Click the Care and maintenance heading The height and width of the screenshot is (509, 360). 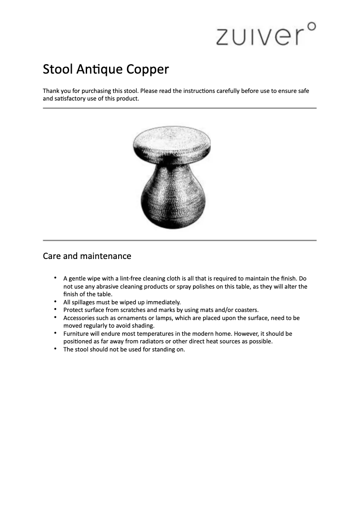coord(87,256)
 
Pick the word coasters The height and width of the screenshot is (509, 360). coord(246,310)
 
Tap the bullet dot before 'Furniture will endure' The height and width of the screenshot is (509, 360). coord(55,333)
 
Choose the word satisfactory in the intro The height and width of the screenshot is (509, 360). coord(72,99)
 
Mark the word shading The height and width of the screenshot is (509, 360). coord(142,326)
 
